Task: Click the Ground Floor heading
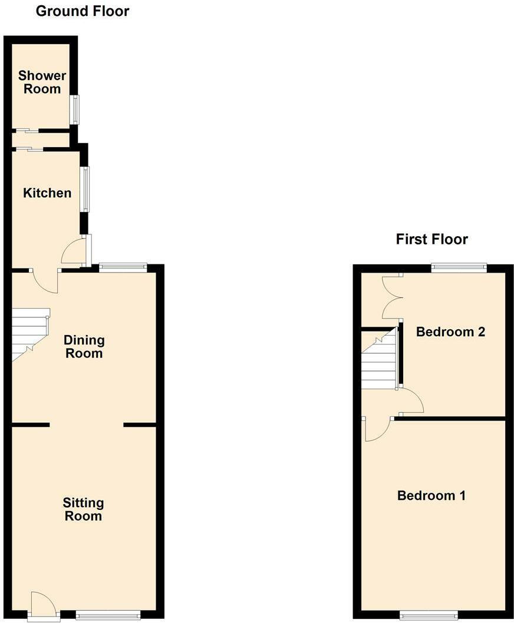[83, 11]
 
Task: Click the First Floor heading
[431, 239]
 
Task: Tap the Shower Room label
[42, 82]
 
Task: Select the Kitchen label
[47, 193]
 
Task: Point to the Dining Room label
[84, 347]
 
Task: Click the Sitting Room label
[83, 509]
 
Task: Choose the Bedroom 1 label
[431, 496]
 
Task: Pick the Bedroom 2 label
[450, 332]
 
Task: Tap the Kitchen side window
[85, 190]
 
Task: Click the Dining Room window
[123, 268]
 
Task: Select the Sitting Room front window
[108, 615]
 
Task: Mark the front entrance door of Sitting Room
[43, 607]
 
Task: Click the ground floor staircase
[30, 333]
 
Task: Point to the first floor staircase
[378, 360]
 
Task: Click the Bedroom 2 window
[459, 268]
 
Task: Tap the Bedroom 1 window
[428, 615]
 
